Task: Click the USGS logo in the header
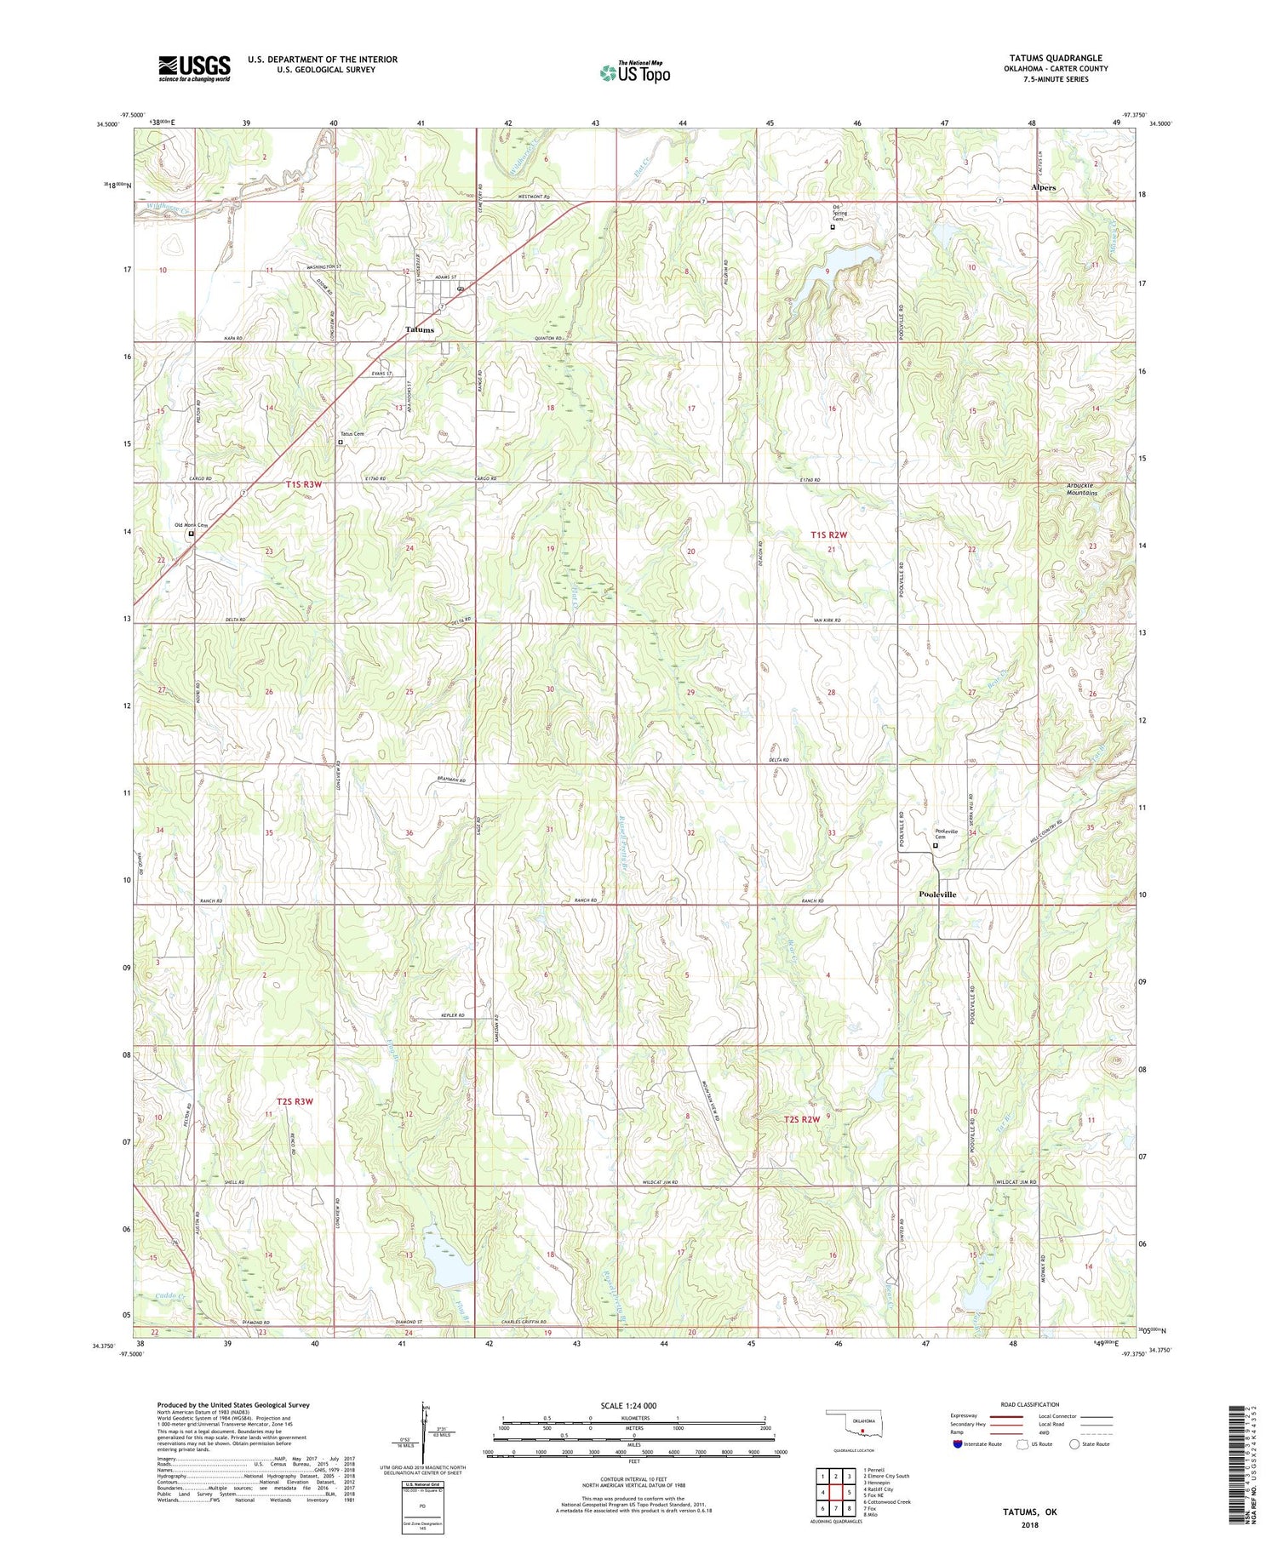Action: tap(194, 68)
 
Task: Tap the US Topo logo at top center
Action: tap(634, 73)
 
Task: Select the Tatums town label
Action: tap(419, 329)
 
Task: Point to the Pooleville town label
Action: tap(937, 894)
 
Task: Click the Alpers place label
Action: tap(1043, 187)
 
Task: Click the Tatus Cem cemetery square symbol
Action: tap(341, 443)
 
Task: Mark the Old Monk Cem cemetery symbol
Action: tap(191, 534)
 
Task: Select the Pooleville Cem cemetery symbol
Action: tap(935, 846)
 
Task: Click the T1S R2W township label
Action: tap(829, 534)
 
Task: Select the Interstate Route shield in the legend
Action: tap(958, 1443)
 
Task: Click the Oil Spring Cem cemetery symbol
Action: tap(833, 227)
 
